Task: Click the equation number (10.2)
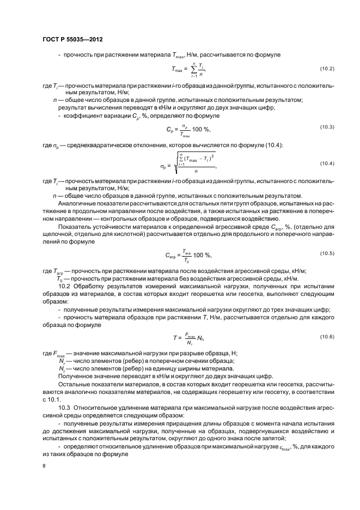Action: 326,68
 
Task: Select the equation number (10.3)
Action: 326,126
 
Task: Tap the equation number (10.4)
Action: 326,163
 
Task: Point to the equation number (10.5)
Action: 326,253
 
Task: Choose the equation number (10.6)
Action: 326,337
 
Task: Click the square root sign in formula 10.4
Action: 175,164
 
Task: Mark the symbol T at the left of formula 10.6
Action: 175,339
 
